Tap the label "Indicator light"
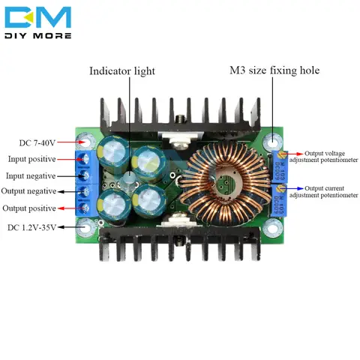tap(122, 71)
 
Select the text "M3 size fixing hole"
tap(274, 71)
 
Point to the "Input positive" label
tap(31, 159)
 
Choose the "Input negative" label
tap(31, 175)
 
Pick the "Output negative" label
tap(32, 192)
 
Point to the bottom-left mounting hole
tap(88, 226)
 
